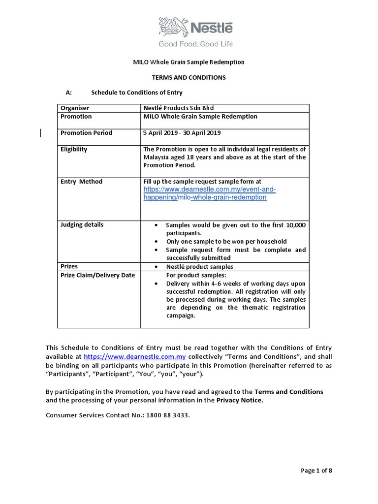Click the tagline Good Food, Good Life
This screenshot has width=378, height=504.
(x=195, y=44)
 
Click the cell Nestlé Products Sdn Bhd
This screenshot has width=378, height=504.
(x=178, y=108)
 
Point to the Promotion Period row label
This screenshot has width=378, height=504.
(x=86, y=133)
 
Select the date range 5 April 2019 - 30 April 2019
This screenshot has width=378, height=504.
(x=182, y=133)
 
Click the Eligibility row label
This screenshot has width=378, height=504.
(x=74, y=149)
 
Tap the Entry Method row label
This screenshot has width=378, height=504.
(x=81, y=182)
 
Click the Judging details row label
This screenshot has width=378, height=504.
(x=82, y=225)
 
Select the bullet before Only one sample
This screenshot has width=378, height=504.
(x=156, y=242)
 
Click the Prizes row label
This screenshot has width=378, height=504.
(x=69, y=266)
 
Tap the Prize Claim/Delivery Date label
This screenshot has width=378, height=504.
(x=97, y=275)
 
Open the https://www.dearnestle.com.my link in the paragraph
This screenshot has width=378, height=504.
(x=134, y=357)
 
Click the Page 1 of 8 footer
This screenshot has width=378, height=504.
(x=316, y=471)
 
